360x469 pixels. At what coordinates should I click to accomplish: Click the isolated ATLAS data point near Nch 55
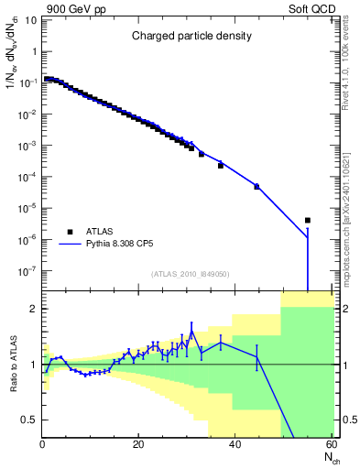[307, 220]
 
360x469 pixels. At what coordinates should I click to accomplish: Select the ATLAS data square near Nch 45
[256, 186]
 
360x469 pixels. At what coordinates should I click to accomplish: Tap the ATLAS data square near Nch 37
[221, 166]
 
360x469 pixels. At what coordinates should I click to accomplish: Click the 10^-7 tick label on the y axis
[27, 271]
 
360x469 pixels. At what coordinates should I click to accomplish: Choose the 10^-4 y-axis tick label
[27, 177]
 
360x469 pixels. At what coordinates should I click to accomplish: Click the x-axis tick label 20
[138, 445]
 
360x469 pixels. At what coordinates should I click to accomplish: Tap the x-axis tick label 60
[331, 445]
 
